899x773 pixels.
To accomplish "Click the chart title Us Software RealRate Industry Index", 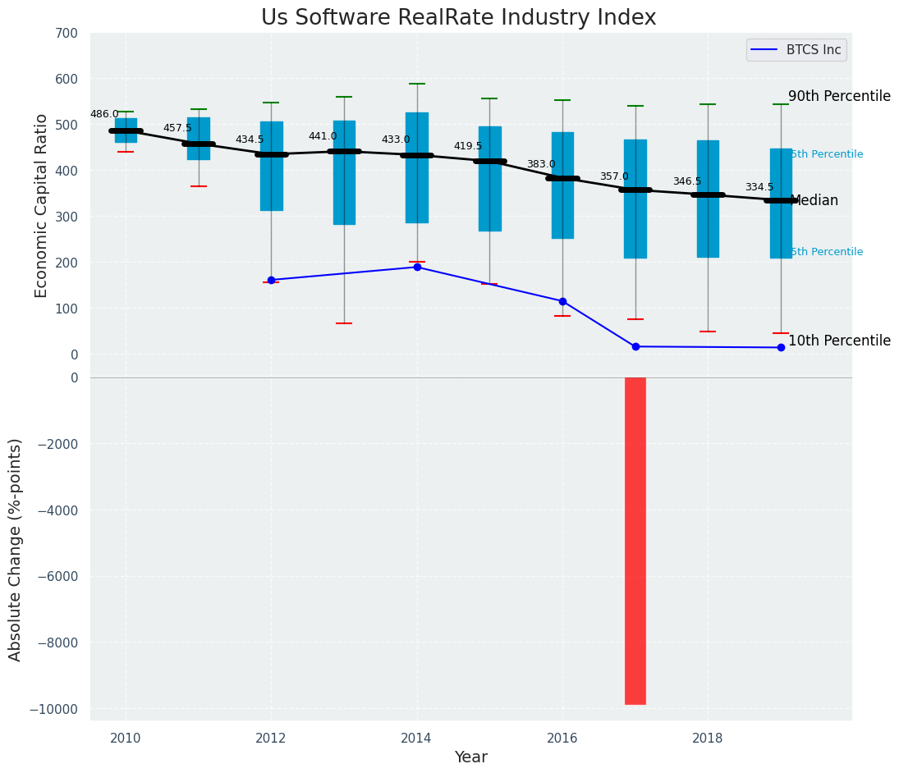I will click(458, 18).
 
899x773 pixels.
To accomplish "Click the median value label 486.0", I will click(104, 115).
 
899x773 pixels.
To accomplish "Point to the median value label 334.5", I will click(759, 188).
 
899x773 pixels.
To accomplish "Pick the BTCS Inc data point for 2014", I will click(417, 268).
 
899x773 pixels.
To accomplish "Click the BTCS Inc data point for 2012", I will click(271, 280).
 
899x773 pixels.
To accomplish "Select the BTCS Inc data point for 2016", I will click(562, 301).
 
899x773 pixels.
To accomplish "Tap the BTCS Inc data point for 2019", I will click(781, 348).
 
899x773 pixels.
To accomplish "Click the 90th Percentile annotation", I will click(839, 97).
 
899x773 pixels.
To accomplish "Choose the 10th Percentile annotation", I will click(839, 341).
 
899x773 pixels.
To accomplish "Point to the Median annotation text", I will click(814, 201).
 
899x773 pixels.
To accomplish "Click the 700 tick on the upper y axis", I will click(67, 34).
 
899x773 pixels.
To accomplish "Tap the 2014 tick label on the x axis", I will click(416, 739).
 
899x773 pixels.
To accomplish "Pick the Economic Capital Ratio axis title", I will click(42, 194).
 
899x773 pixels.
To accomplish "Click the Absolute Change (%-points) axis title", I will click(16, 549).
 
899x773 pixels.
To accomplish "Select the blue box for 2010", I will click(126, 130).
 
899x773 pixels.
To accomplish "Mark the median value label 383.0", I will click(541, 165).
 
